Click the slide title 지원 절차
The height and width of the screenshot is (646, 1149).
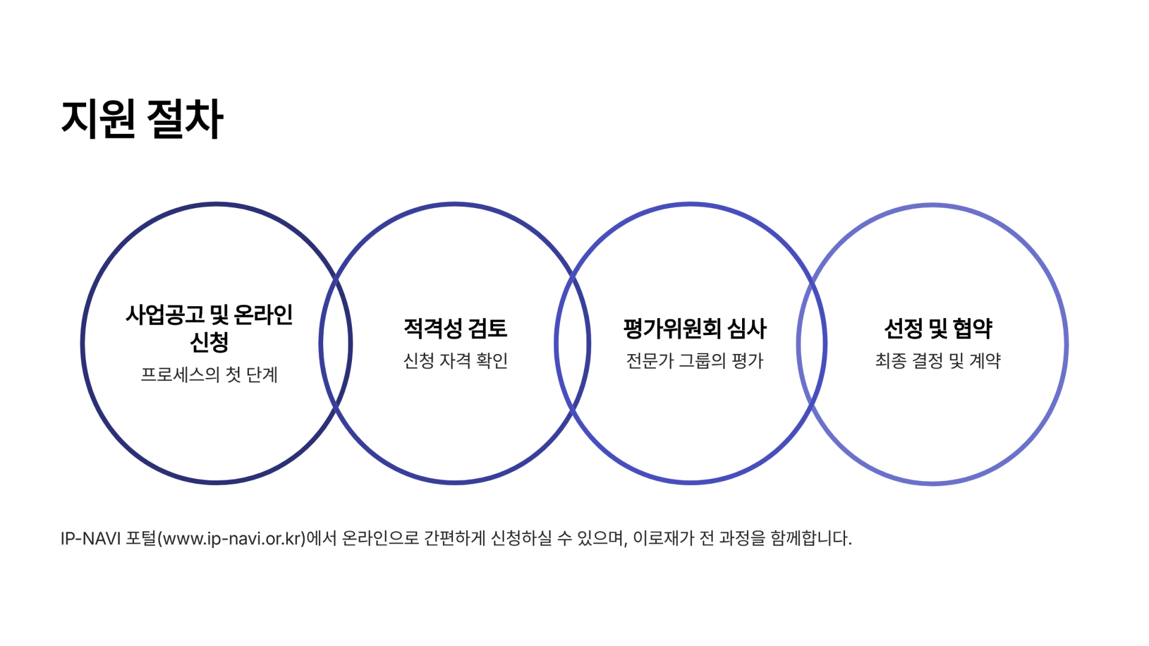click(x=142, y=119)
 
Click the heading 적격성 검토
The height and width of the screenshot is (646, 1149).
click(x=455, y=328)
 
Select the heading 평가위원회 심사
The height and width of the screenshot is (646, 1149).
click(x=694, y=328)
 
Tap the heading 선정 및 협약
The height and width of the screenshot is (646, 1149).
click(x=938, y=328)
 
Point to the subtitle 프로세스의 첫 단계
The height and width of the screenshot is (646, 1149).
click(x=209, y=374)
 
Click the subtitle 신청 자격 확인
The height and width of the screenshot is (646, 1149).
click(x=455, y=361)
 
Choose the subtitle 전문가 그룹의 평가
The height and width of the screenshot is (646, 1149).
click(x=694, y=361)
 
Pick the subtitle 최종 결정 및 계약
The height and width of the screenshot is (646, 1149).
click(x=938, y=361)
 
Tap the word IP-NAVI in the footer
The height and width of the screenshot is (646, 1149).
click(x=90, y=538)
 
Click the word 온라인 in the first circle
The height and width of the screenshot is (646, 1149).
click(x=263, y=315)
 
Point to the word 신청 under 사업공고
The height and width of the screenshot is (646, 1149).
click(x=209, y=342)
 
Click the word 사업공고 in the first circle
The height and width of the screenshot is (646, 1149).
click(x=165, y=315)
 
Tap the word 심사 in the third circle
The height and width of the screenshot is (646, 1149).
click(x=747, y=328)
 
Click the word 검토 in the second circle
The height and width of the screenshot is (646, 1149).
click(x=487, y=328)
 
